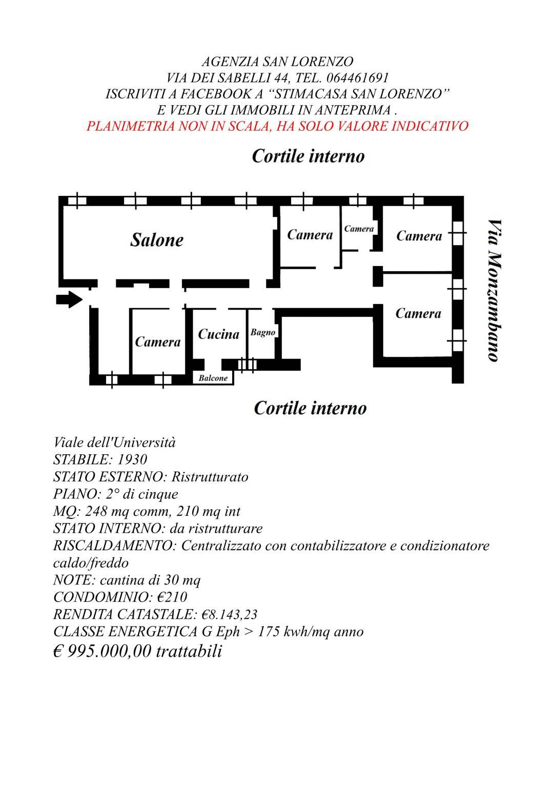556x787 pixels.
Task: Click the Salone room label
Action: point(157,240)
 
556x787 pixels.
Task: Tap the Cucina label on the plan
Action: point(218,334)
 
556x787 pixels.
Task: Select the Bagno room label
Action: point(263,332)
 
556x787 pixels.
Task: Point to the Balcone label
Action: point(213,378)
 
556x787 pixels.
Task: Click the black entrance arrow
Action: point(69,299)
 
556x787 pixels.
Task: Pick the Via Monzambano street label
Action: point(495,290)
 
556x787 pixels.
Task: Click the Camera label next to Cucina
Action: point(158,341)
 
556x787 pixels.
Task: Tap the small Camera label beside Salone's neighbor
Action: point(359,229)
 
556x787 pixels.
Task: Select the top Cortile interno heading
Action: point(308,156)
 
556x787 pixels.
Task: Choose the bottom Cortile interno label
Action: point(310,408)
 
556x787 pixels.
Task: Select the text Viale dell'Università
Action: point(114,442)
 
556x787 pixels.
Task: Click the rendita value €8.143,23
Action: point(230,615)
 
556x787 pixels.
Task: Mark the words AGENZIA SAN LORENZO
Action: point(277,62)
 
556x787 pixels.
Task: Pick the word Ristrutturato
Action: point(210,477)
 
